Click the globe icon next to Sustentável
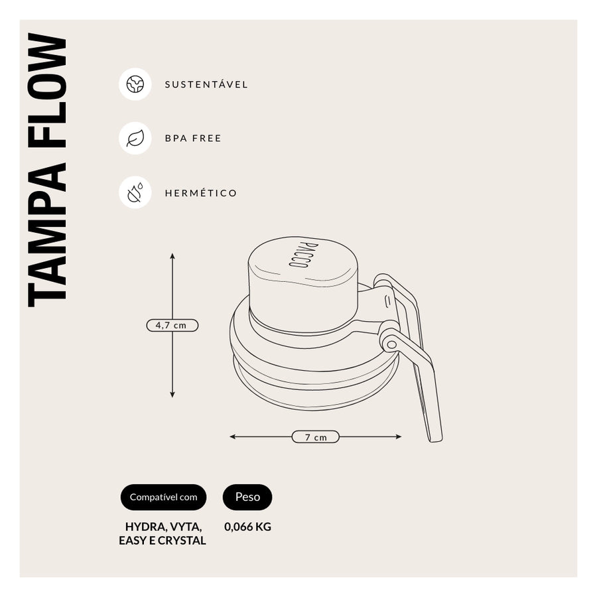(x=135, y=84)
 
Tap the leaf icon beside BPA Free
(x=135, y=138)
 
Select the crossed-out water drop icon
(x=135, y=192)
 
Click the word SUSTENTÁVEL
(x=206, y=84)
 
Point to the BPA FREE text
(x=193, y=138)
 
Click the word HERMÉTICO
(x=200, y=193)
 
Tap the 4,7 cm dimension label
(x=172, y=326)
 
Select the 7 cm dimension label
(x=316, y=437)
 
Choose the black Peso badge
(x=247, y=497)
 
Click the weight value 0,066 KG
(x=247, y=527)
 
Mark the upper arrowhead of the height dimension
(x=172, y=256)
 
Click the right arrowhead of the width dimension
(x=399, y=436)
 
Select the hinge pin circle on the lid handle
(x=391, y=345)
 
